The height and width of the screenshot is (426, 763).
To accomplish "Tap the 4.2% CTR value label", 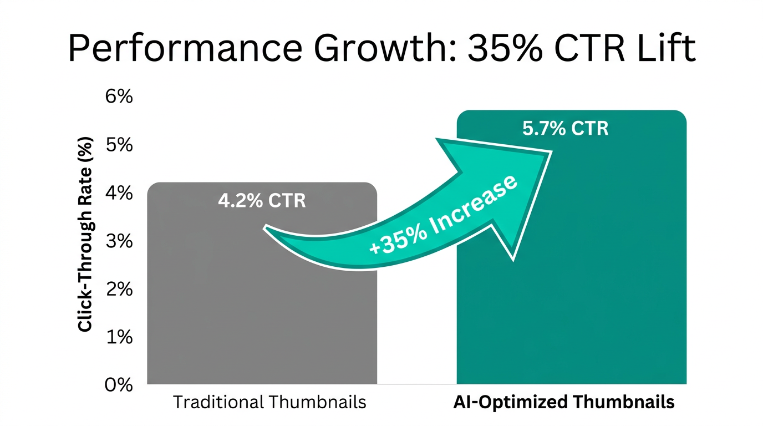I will (262, 200).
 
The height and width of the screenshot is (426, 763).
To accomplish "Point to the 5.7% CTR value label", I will (565, 129).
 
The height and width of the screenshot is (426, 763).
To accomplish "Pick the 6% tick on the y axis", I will (119, 97).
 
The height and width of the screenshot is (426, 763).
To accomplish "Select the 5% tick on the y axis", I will (119, 145).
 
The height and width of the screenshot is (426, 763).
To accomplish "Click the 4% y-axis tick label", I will (119, 193).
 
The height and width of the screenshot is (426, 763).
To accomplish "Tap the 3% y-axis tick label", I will (119, 241).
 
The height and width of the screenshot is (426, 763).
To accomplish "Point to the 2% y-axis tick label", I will (119, 289).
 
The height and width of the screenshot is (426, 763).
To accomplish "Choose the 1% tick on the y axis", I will (119, 337).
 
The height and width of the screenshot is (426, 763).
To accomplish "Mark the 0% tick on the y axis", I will (119, 384).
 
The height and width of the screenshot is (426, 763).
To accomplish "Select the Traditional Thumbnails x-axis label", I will (269, 402).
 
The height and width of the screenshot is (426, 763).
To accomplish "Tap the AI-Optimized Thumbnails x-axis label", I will (564, 402).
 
